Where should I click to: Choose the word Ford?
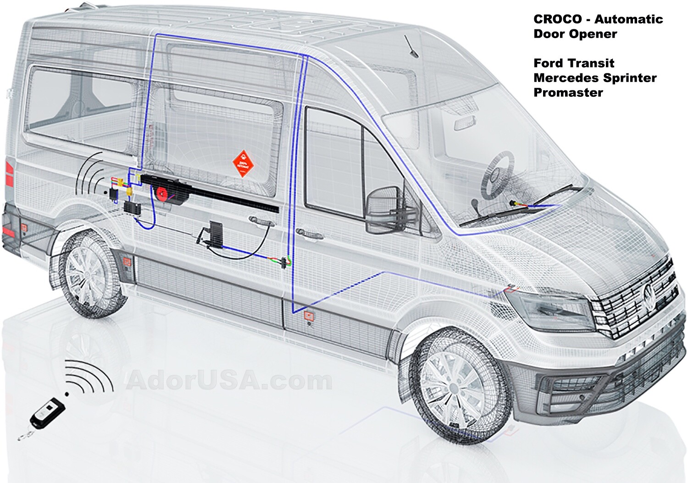549,63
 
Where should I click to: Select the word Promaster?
568,92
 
